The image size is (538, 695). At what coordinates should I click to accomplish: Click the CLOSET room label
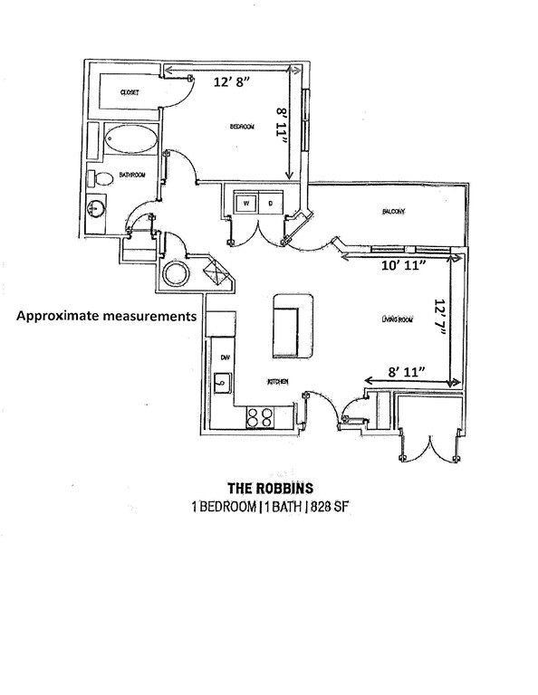pos(130,92)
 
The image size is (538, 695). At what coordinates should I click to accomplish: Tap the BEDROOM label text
pos(242,127)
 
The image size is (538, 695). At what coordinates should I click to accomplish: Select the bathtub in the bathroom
pos(130,139)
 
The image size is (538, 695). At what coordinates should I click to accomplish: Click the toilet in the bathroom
pos(101,178)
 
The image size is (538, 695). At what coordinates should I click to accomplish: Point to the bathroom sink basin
pos(96,207)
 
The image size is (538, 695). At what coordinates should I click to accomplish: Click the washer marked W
pos(246,204)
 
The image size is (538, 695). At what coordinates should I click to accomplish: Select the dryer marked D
pos(271,204)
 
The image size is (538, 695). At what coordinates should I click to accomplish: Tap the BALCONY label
pos(393,212)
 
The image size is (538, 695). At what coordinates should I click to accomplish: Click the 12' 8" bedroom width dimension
pos(232,82)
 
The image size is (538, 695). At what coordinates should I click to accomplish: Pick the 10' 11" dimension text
pos(404,265)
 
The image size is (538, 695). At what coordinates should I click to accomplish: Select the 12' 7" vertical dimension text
pos(439,317)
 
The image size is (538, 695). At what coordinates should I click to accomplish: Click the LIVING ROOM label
pos(397,319)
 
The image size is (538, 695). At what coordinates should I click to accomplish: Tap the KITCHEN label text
pos(278,382)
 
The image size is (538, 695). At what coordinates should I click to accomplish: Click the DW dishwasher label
pos(225,357)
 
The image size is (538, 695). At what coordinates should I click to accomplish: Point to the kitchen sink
pos(222,383)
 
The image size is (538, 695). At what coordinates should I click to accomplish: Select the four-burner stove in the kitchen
pos(260,417)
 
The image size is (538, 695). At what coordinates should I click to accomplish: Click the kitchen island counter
pos(293,326)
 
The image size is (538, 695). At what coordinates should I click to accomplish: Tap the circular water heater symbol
pos(176,274)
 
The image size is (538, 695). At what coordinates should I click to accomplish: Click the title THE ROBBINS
pos(271,489)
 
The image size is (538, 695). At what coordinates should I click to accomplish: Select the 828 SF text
pos(329,507)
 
